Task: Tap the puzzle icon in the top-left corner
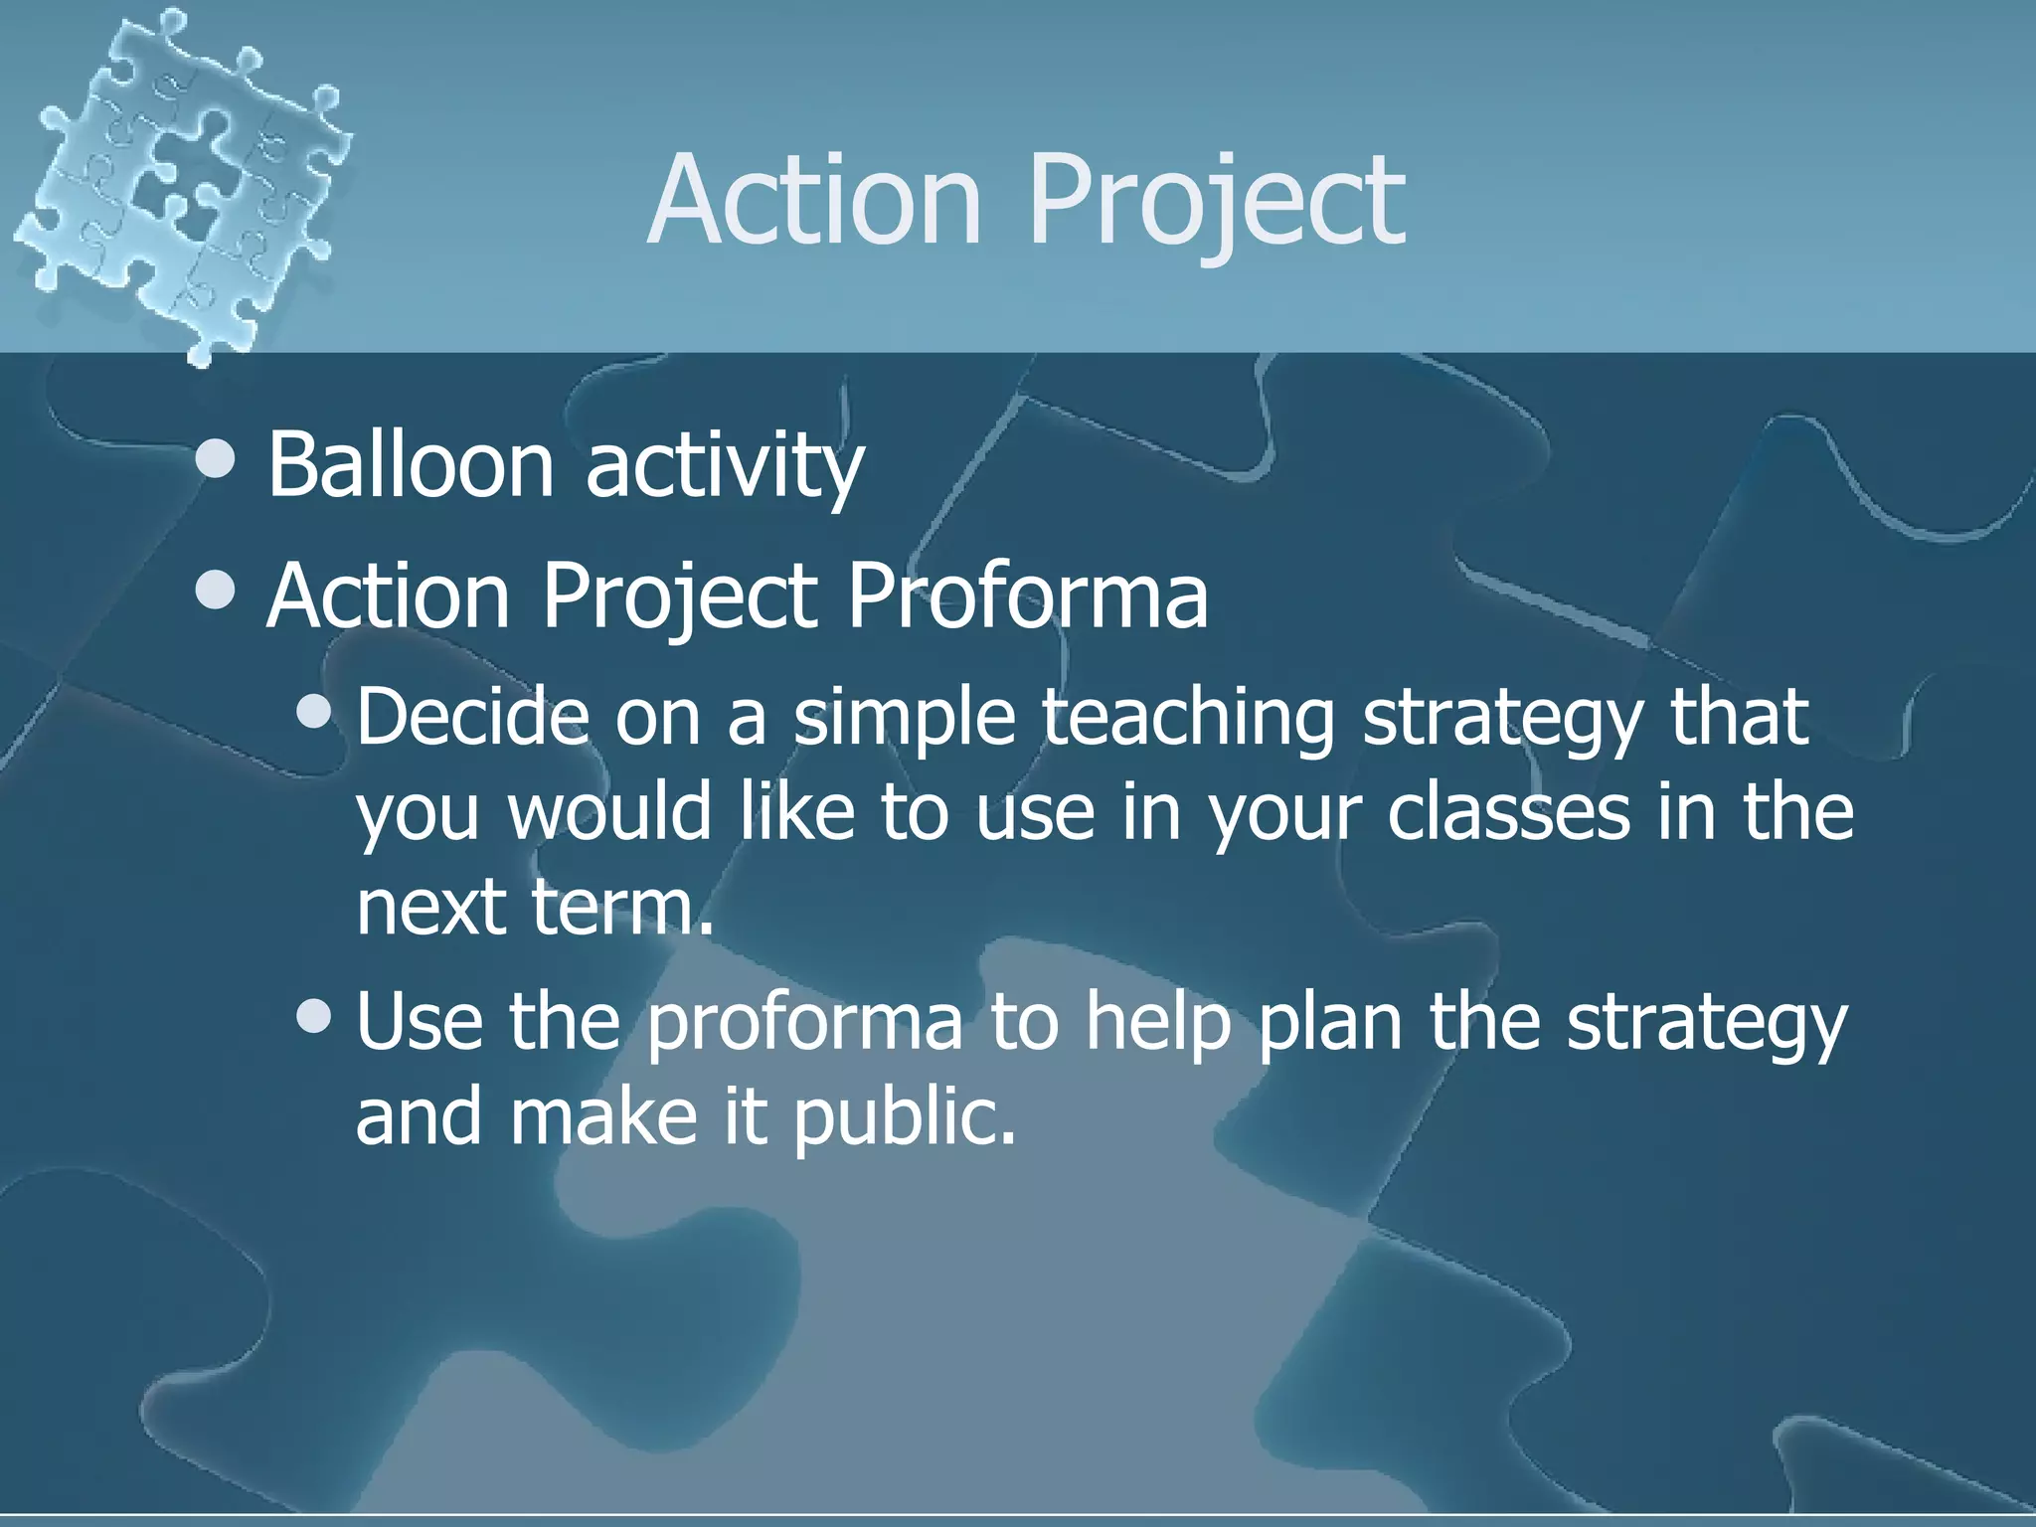[x=179, y=179]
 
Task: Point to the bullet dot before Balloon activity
[x=216, y=459]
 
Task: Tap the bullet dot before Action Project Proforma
[x=216, y=592]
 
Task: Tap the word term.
[x=622, y=907]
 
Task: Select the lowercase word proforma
[x=805, y=1024]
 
